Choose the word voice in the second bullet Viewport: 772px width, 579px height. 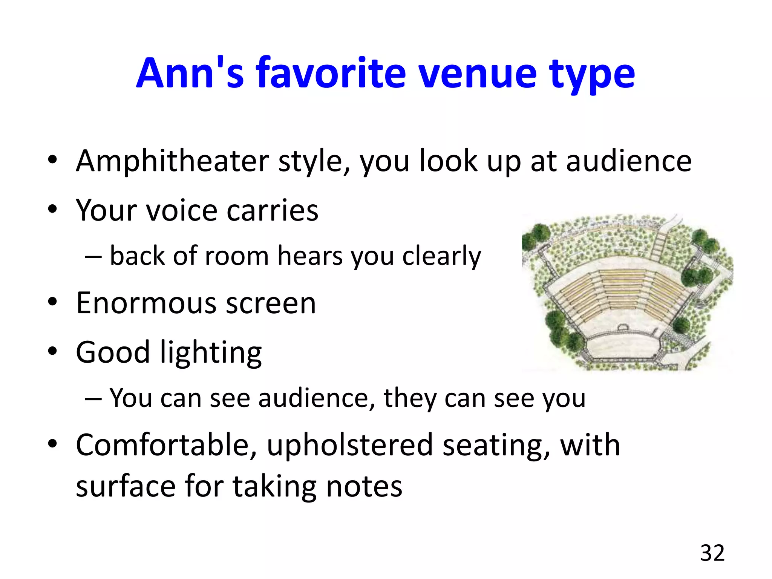click(182, 210)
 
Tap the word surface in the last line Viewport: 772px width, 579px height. click(126, 486)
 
